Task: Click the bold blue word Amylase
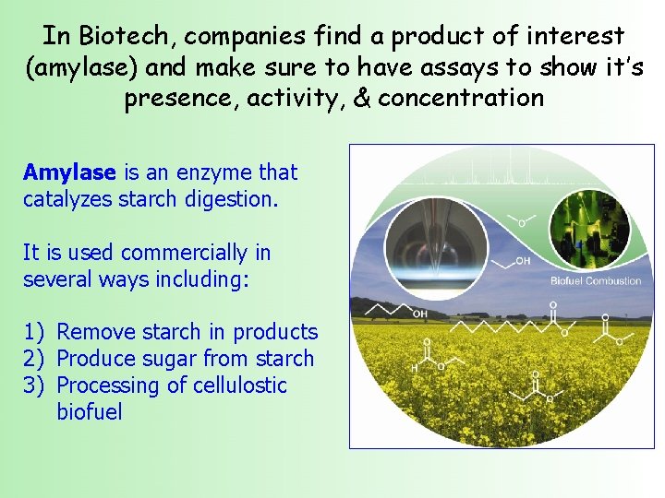69,172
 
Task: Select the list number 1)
34,332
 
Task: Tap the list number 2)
34,359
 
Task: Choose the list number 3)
34,385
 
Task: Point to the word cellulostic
240,385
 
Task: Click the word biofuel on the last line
89,411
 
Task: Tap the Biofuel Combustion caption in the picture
596,280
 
